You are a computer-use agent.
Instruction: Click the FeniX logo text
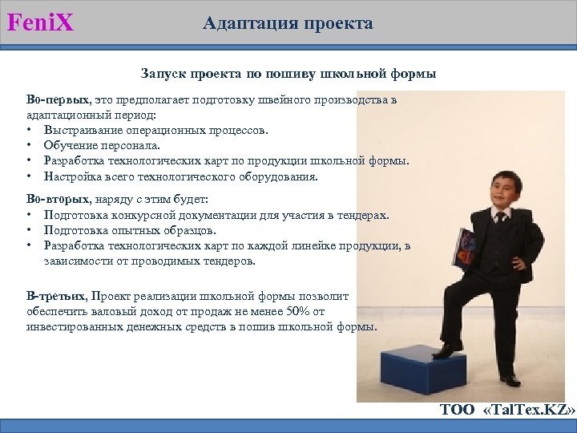coord(41,22)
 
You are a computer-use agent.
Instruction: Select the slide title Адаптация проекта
coord(288,23)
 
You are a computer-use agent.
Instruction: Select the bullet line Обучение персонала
coord(102,145)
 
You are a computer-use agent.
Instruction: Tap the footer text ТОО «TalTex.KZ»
coord(506,411)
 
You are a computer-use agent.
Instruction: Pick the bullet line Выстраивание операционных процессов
coord(156,130)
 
